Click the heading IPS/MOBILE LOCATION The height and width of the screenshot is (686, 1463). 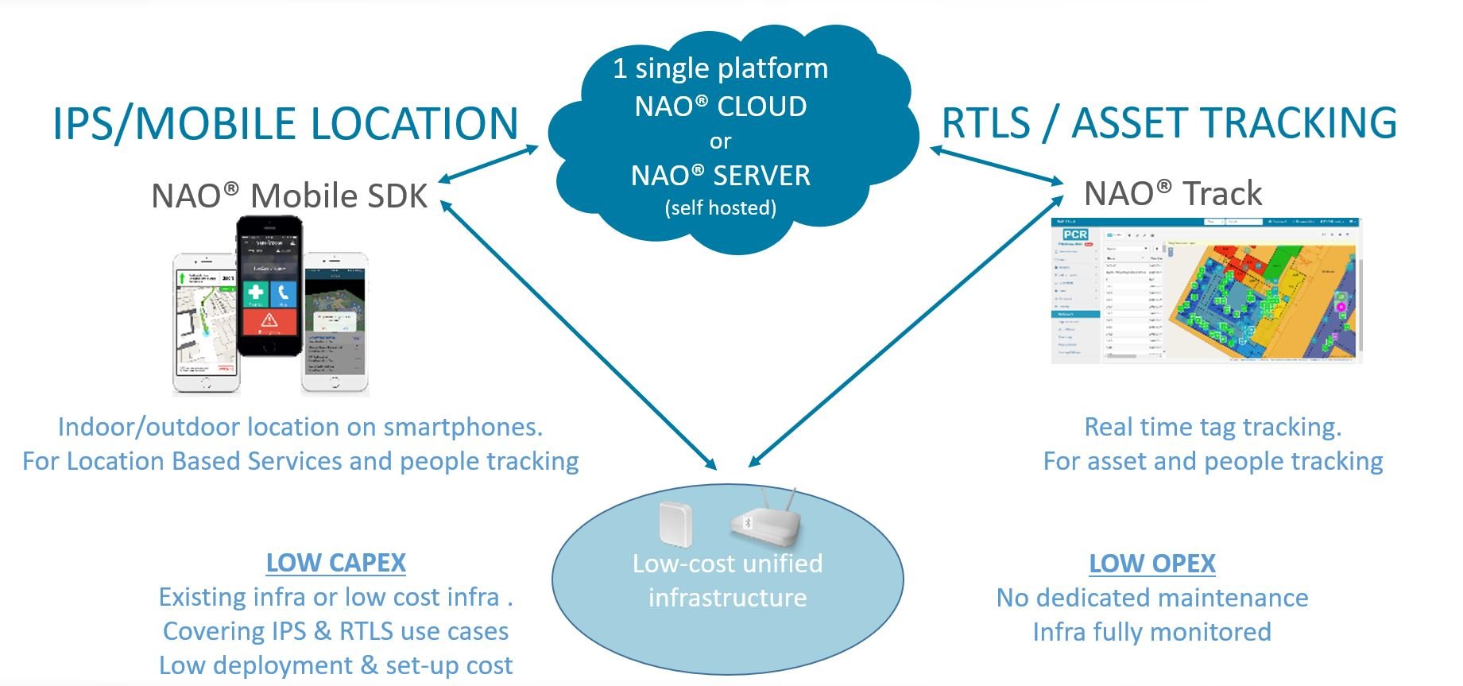[x=284, y=124]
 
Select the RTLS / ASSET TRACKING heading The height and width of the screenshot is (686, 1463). [x=1168, y=123]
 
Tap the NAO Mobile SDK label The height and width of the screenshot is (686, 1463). [x=289, y=196]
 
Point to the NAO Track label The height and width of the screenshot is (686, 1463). [x=1173, y=193]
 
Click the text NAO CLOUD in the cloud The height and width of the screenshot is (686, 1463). [x=720, y=106]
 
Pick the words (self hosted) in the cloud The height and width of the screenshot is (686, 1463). [x=720, y=208]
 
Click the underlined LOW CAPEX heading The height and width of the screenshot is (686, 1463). [x=335, y=563]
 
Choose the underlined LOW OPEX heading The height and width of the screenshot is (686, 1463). [x=1151, y=564]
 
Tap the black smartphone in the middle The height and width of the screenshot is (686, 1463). [x=270, y=286]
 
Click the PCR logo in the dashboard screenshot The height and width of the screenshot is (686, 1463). [x=1075, y=234]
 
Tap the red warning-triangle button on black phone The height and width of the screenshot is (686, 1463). [x=269, y=321]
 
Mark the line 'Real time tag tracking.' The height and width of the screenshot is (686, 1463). [x=1213, y=427]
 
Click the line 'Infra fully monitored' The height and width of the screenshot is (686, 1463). [x=1151, y=632]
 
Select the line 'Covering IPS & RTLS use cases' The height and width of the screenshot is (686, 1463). [x=335, y=631]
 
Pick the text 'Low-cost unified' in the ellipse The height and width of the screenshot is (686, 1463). [x=727, y=564]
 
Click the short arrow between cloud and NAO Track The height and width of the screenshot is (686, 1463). [x=997, y=165]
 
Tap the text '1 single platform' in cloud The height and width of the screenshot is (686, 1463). [x=720, y=68]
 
